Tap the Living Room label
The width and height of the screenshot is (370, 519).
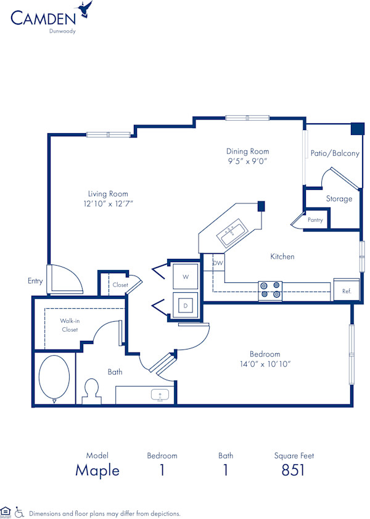(x=108, y=194)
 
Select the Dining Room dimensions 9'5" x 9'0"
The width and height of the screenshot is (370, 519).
(x=247, y=161)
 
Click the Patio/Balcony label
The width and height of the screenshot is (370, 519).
(x=335, y=153)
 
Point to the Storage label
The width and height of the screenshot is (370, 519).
(x=339, y=198)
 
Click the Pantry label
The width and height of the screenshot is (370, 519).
(x=315, y=219)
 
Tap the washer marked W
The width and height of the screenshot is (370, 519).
(x=185, y=277)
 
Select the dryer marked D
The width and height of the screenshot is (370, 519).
(x=185, y=304)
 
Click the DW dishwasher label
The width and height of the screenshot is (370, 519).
(x=218, y=263)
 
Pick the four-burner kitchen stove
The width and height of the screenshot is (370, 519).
(x=269, y=290)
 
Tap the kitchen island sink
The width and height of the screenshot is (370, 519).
(x=231, y=232)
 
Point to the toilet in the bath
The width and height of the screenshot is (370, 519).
(x=92, y=390)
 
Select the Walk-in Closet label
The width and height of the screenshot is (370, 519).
(x=68, y=325)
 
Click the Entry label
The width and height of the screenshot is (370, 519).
(x=35, y=281)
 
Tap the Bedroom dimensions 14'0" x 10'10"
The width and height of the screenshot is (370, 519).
(x=265, y=364)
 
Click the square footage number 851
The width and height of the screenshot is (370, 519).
(x=294, y=470)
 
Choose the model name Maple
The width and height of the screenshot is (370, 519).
(x=97, y=470)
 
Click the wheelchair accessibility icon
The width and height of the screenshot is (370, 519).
(x=19, y=512)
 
